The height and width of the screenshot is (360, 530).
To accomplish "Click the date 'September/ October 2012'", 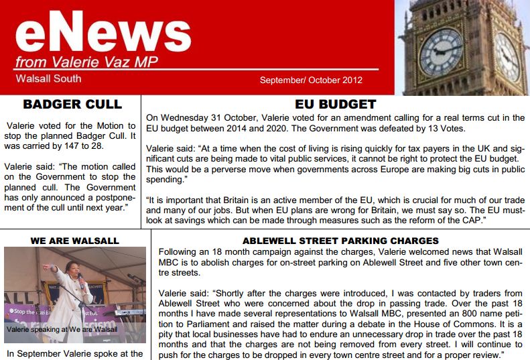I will click(x=311, y=80).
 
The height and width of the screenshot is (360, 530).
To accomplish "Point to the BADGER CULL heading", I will click(x=72, y=105).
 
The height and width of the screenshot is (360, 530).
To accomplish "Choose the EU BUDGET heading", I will click(x=335, y=105).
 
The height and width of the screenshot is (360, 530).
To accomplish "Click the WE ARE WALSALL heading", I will click(x=75, y=240).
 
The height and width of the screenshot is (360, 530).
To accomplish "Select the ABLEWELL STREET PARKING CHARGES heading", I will click(x=340, y=240).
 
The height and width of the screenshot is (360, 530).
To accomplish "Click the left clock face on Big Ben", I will click(x=440, y=52).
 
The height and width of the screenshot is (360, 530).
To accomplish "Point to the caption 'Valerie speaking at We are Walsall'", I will click(x=62, y=329).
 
